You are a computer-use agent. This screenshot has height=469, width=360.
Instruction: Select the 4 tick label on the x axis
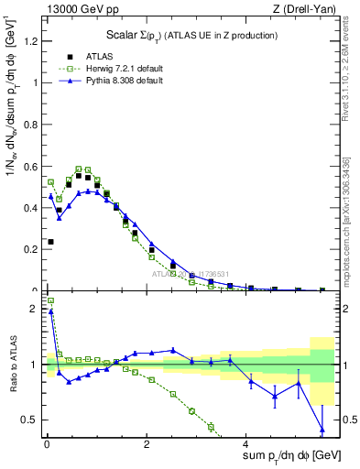point(248,444)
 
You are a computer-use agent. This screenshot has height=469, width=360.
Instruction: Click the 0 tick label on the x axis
point(47,444)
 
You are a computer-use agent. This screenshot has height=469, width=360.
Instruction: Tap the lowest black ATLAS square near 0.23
point(50,242)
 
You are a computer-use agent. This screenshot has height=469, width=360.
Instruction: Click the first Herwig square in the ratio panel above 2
point(50,300)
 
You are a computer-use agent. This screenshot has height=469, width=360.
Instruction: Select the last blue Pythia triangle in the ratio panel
point(322,430)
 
